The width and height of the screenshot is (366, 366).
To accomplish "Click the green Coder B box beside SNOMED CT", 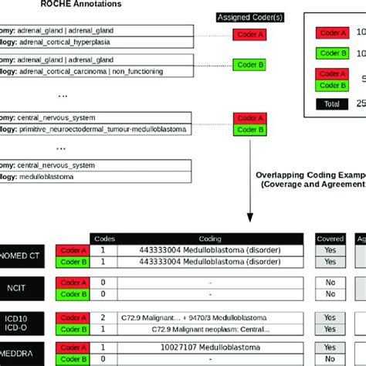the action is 70,263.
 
